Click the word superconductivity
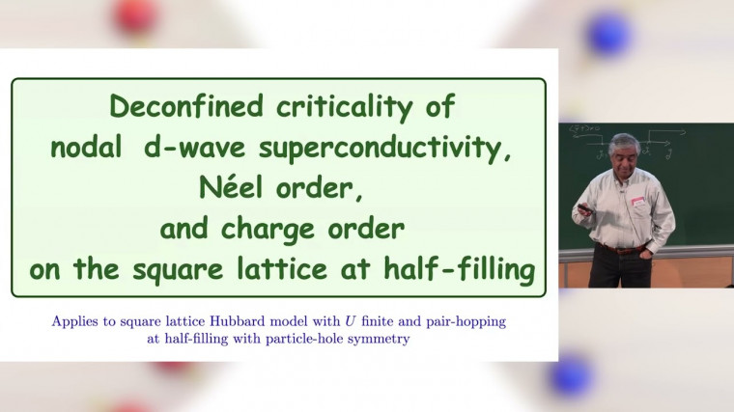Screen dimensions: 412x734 [381, 149]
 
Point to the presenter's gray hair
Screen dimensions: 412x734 [624, 144]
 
